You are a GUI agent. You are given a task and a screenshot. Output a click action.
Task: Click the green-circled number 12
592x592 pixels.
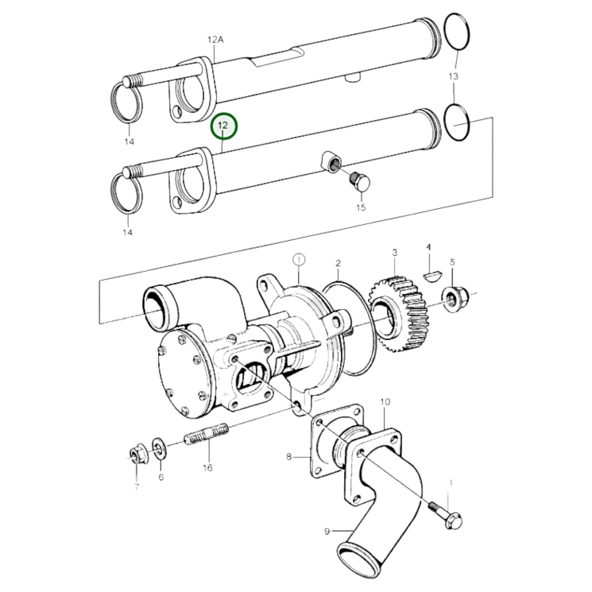pos(223,126)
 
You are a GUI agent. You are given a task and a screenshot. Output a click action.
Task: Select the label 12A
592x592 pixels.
pos(215,39)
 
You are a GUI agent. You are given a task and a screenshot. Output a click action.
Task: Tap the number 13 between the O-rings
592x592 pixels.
pos(453,76)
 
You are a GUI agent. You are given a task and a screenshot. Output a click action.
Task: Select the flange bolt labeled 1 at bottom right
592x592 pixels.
pos(448,515)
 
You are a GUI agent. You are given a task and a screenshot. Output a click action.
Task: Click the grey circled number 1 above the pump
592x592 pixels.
pos(299,259)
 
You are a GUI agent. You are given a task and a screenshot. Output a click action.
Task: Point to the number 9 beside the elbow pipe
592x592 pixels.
pos(327,532)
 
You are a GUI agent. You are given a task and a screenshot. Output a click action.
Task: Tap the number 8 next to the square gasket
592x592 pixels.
pos(289,456)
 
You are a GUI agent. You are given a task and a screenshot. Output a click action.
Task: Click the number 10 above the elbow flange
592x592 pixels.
pos(385,402)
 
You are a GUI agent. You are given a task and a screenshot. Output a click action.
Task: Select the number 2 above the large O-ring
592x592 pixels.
pos(338,263)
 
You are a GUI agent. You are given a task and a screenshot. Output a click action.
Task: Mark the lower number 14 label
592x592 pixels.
pos(128,232)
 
